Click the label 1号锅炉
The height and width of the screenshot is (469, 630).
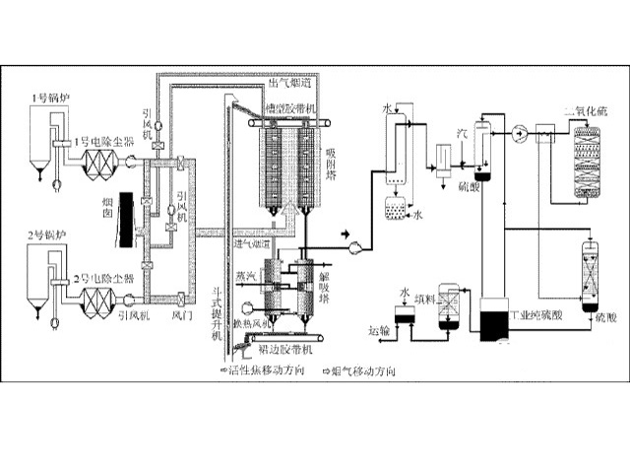[x=46, y=99]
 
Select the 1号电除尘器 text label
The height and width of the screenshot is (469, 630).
[x=100, y=141]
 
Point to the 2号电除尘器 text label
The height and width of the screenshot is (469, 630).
[x=100, y=279]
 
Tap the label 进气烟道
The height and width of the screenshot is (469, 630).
[x=253, y=242]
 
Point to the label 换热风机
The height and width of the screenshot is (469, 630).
[x=249, y=323]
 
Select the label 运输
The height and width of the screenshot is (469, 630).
[x=379, y=330]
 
